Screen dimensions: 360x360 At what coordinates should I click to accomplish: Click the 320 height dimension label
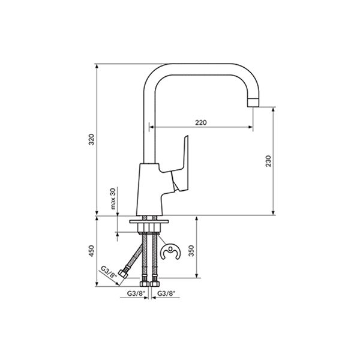pyautogui.click(x=91, y=139)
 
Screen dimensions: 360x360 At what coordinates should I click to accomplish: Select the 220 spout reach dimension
pyautogui.click(x=201, y=122)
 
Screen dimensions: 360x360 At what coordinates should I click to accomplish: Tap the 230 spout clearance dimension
pyautogui.click(x=268, y=161)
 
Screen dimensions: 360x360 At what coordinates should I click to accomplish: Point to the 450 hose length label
pyautogui.click(x=91, y=251)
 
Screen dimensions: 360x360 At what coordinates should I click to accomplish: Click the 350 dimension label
pyautogui.click(x=191, y=251)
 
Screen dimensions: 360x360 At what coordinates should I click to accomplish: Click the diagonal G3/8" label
pyautogui.click(x=109, y=272)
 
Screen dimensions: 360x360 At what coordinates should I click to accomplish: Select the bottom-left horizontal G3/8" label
pyautogui.click(x=136, y=293)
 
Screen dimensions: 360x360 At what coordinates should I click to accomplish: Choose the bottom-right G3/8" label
pyautogui.click(x=166, y=293)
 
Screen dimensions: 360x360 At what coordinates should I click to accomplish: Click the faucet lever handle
pyautogui.click(x=182, y=167)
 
